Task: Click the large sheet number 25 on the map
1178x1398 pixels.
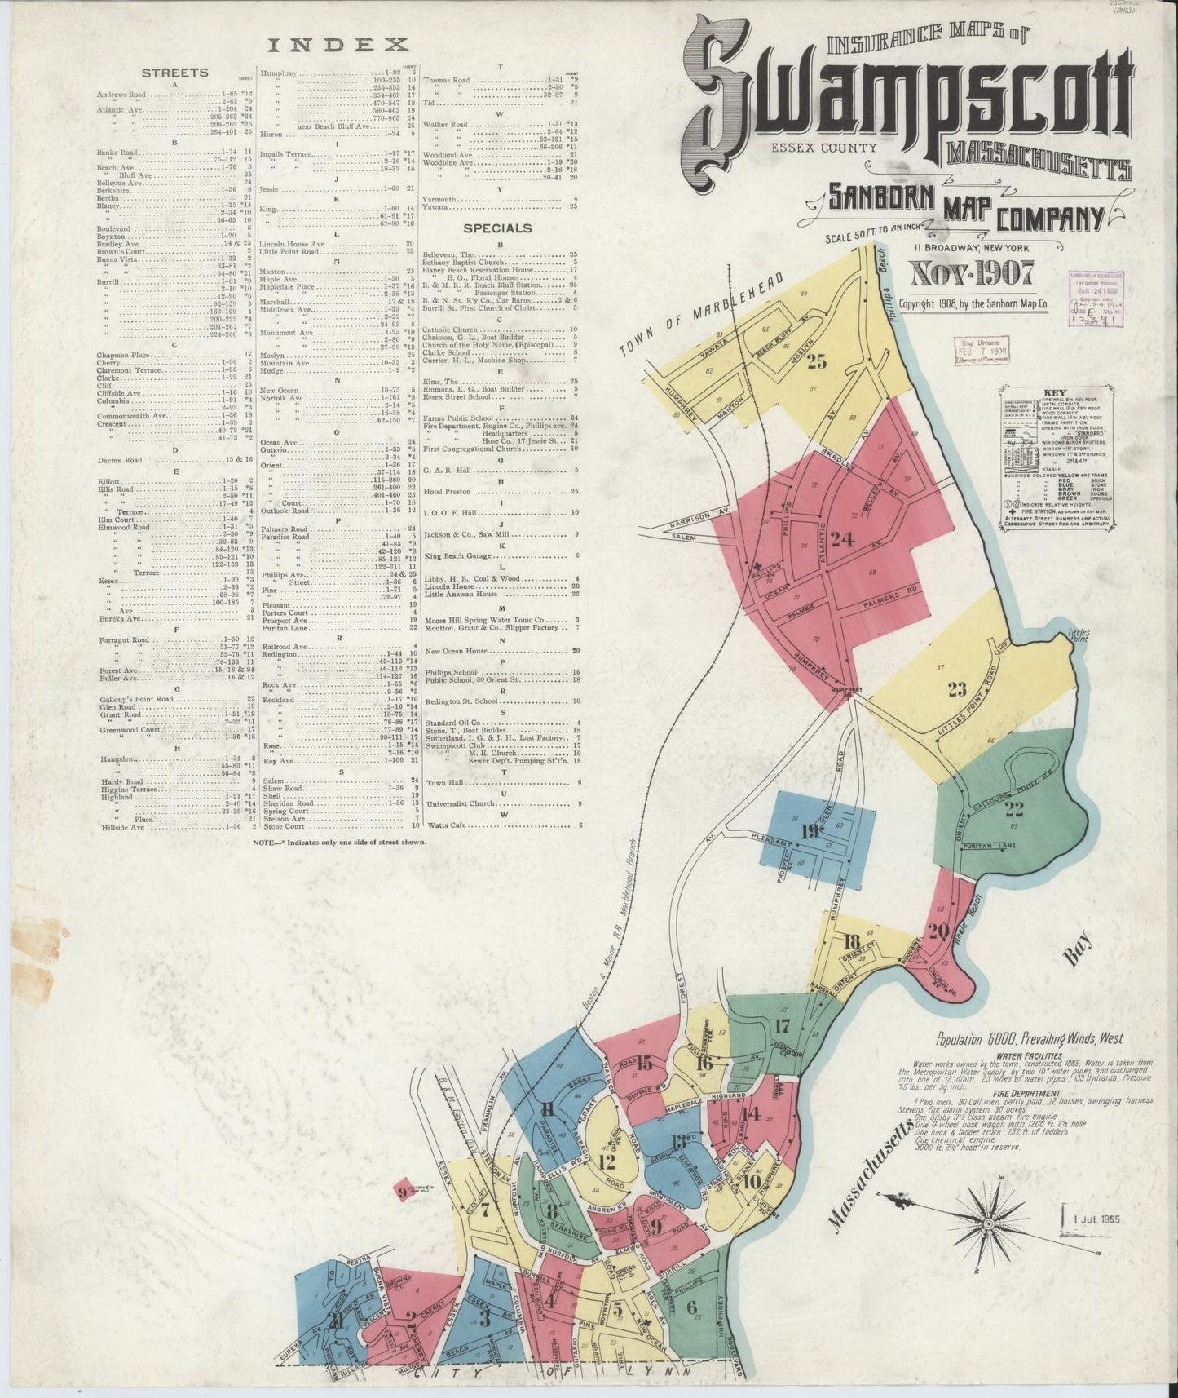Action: point(817,361)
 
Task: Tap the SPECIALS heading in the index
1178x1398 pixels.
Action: point(496,228)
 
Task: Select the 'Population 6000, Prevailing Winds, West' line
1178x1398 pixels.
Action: point(1029,1039)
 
